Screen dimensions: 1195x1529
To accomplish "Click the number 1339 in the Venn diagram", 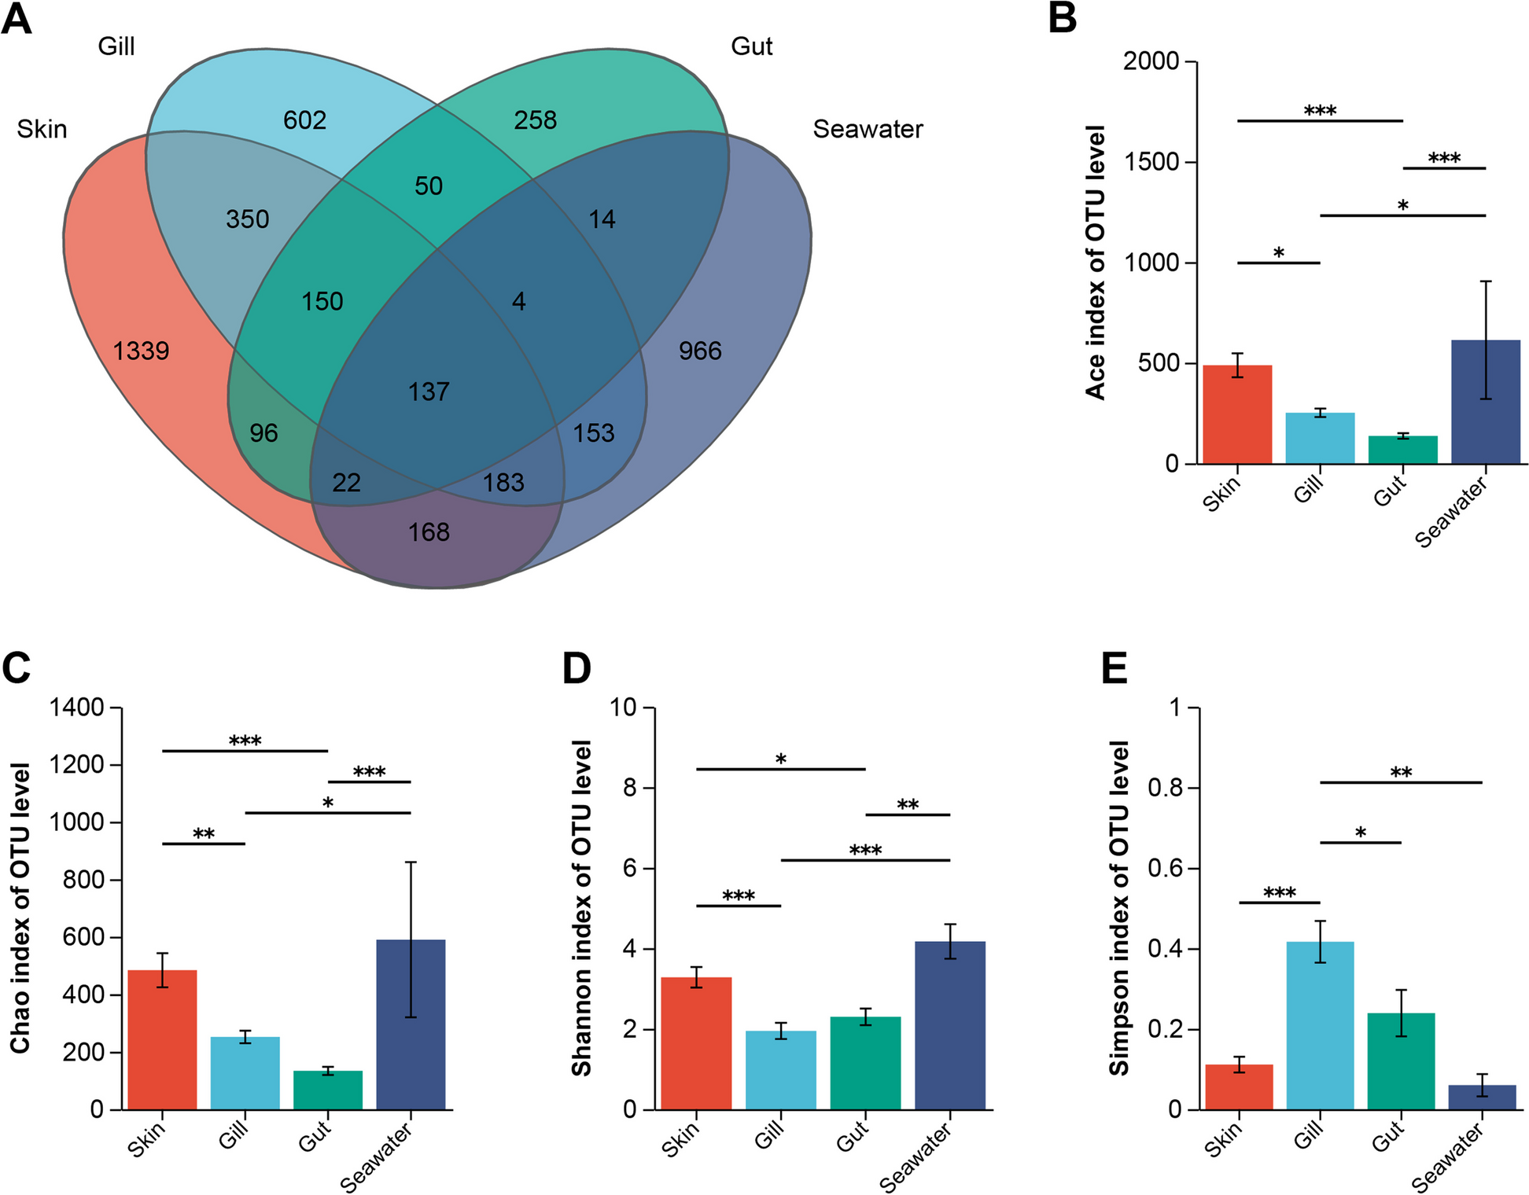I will pos(141,351).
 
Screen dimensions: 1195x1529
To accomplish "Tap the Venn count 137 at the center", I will pos(429,392).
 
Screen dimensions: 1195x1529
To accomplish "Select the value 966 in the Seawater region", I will pos(700,351).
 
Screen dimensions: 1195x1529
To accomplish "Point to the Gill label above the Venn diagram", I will pos(116,46).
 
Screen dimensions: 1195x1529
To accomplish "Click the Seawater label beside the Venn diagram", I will pos(868,129).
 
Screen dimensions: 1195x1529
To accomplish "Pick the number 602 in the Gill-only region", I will pos(304,120).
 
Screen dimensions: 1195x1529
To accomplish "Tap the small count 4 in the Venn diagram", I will pos(519,301).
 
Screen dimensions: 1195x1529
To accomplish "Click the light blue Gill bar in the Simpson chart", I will pos(1320,1025).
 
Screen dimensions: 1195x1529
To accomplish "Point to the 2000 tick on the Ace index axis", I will pos(1151,61).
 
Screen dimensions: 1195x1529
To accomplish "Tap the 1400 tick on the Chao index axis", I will pos(76,708).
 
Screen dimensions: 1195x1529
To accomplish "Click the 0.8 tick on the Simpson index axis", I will pos(1166,788).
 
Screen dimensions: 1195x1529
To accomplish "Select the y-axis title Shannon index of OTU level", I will pos(581,908).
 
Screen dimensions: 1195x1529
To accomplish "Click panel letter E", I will pos(1115,669).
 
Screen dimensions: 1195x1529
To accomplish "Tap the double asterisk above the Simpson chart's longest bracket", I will pos(1401,773).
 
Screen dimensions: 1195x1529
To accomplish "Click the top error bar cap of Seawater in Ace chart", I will pos(1486,281).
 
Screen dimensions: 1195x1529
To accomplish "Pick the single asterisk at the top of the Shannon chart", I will pos(780,759).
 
